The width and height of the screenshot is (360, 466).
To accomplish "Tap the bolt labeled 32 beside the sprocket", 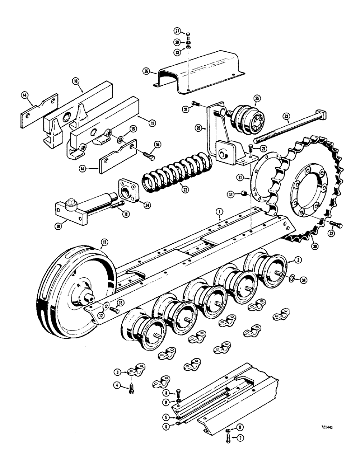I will click(338, 226).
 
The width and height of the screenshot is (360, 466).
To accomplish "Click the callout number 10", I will click(76, 81).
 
